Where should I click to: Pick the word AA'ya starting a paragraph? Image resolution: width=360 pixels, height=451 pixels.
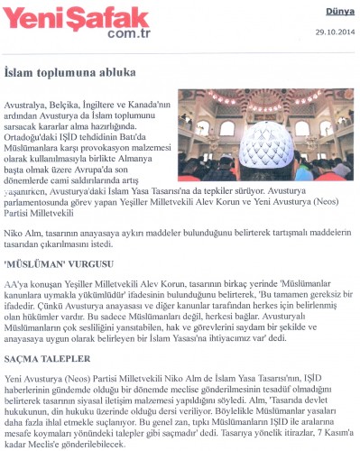(17, 282)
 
